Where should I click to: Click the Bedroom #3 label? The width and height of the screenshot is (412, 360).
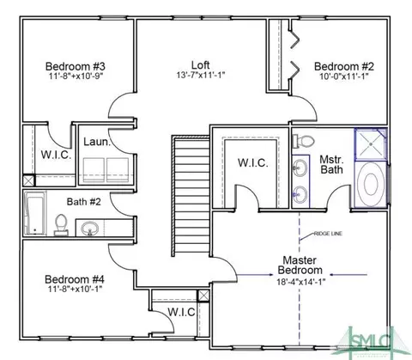tap(76, 66)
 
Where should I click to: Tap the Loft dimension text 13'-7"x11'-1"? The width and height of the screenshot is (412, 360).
tap(201, 76)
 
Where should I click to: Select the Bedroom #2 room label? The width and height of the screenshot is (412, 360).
tap(344, 66)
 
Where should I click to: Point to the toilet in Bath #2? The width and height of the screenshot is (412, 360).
tap(61, 225)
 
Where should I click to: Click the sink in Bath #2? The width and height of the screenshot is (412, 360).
tap(89, 229)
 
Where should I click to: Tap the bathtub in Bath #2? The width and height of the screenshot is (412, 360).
tap(34, 213)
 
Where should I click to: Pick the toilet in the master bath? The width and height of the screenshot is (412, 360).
tap(303, 141)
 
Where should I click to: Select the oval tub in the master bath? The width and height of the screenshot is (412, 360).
tap(371, 185)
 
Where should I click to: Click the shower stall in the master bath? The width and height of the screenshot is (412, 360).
tap(371, 144)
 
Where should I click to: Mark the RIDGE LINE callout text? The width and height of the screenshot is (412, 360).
tap(328, 234)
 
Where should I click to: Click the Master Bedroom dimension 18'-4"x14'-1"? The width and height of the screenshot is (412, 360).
tap(301, 282)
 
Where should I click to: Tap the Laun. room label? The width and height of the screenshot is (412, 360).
tap(97, 142)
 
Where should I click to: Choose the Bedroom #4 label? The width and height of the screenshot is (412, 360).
tap(75, 279)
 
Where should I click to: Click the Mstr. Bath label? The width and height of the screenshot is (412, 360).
tap(331, 164)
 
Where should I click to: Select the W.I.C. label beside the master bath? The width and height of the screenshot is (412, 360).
tap(253, 163)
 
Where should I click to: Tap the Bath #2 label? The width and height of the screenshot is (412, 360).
tap(84, 202)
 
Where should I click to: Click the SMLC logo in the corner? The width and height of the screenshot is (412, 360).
tap(372, 342)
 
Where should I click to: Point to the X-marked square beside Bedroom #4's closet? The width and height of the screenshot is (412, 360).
tap(203, 296)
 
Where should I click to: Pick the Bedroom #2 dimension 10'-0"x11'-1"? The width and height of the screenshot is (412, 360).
tap(344, 76)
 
